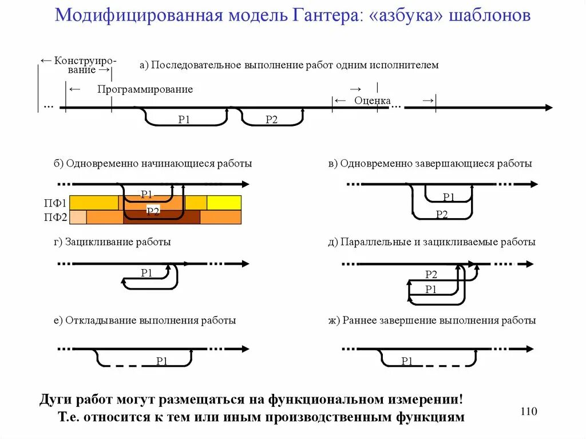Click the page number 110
pyautogui.click(x=529, y=412)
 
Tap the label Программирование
pyautogui.click(x=145, y=89)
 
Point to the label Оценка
pyautogui.click(x=373, y=101)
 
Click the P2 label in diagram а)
pyautogui.click(x=271, y=120)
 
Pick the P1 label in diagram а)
pyautogui.click(x=184, y=120)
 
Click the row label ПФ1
pyautogui.click(x=56, y=203)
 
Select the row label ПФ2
pyautogui.click(x=56, y=217)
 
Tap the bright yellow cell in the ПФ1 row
pyautogui.click(x=224, y=203)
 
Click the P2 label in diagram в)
pyautogui.click(x=442, y=215)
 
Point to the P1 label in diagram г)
pyautogui.click(x=146, y=273)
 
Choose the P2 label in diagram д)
pyautogui.click(x=431, y=274)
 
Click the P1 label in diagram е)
pyautogui.click(x=162, y=361)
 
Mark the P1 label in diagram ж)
pyautogui.click(x=407, y=361)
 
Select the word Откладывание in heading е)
pyautogui.click(x=101, y=321)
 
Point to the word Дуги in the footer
pyautogui.click(x=54, y=398)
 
